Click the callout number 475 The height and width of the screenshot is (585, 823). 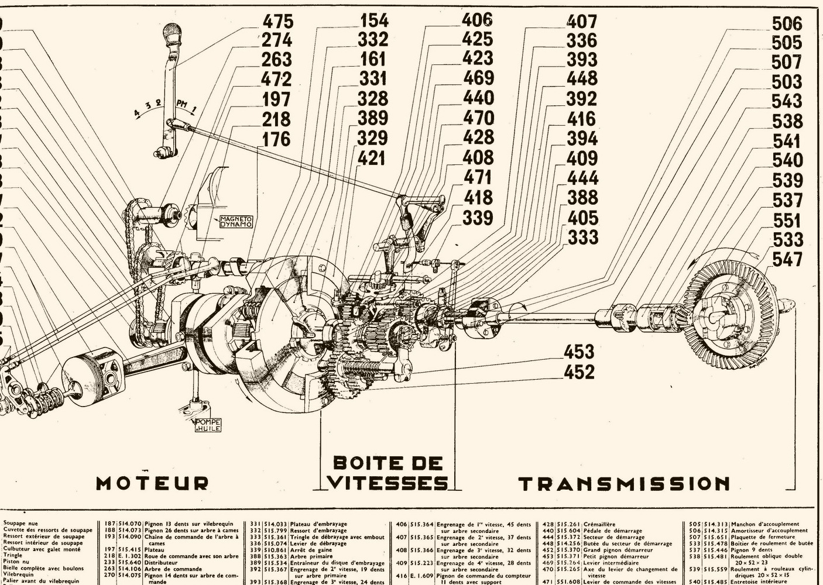point(277,22)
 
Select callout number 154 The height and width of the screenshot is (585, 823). point(373,20)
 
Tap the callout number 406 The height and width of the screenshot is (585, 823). point(478,19)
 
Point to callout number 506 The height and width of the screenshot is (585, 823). point(787,23)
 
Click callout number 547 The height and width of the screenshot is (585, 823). point(787,259)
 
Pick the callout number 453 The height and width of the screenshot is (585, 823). point(579,352)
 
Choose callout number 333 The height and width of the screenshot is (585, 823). point(583,237)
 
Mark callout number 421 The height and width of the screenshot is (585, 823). point(371,157)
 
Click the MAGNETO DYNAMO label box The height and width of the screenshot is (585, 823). point(235,220)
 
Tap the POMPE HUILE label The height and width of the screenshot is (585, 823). point(208,425)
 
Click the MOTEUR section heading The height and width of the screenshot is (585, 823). point(152,483)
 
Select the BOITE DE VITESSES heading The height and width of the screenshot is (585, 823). point(388,473)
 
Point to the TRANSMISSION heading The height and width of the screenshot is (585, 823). point(625,484)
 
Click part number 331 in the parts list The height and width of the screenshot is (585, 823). point(255,524)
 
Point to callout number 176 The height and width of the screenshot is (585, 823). point(276,139)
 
